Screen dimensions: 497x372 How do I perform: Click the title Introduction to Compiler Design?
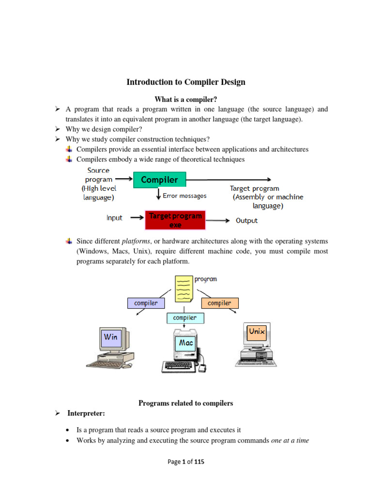pyautogui.click(x=186, y=82)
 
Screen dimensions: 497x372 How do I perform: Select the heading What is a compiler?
pyautogui.click(x=186, y=99)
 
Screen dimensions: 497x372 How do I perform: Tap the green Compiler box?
pyautogui.click(x=159, y=180)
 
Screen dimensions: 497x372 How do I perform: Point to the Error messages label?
pyautogui.click(x=185, y=196)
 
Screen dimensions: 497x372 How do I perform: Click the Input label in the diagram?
pyautogui.click(x=115, y=218)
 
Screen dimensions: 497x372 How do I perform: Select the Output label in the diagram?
pyautogui.click(x=247, y=220)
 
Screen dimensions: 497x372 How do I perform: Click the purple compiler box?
pyautogui.click(x=146, y=303)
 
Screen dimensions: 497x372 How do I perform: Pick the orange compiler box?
pyautogui.click(x=219, y=303)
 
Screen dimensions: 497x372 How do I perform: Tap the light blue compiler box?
pyautogui.click(x=185, y=318)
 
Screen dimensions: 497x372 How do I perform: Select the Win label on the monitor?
pyautogui.click(x=110, y=337)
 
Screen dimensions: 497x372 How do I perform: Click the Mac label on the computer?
pyautogui.click(x=186, y=343)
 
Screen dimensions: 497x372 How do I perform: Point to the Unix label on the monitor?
pyautogui.click(x=257, y=331)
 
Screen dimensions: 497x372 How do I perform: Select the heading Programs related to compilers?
pyautogui.click(x=186, y=403)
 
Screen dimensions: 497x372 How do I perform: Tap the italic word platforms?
pyautogui.click(x=136, y=241)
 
